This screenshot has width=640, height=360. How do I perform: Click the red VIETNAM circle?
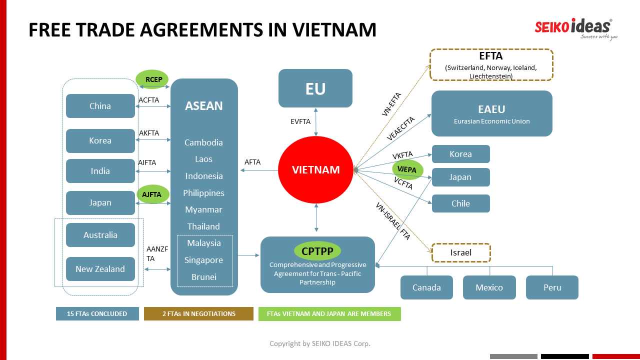316,169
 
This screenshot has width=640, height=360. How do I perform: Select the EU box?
315,88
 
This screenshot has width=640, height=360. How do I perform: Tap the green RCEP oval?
152,79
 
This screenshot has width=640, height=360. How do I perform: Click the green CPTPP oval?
317,251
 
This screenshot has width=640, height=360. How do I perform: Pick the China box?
100,106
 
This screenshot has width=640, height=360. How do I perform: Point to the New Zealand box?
100,269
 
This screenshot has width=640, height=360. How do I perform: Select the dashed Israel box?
461,252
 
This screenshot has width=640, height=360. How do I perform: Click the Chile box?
461,203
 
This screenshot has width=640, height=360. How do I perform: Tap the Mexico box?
489,287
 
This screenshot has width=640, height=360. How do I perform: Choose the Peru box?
552,287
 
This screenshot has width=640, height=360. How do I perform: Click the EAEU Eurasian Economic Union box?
492,113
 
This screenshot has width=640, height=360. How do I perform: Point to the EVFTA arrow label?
300,121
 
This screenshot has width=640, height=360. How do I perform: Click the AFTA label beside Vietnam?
252,162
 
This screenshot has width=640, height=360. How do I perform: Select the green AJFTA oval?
152,194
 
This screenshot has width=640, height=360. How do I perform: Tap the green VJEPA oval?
407,169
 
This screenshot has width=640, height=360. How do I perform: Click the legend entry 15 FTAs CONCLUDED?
97,314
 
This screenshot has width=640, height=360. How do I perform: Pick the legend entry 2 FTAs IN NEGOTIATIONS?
198,314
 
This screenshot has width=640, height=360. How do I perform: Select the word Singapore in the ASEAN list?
204,260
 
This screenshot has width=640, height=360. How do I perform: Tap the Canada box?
426,287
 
